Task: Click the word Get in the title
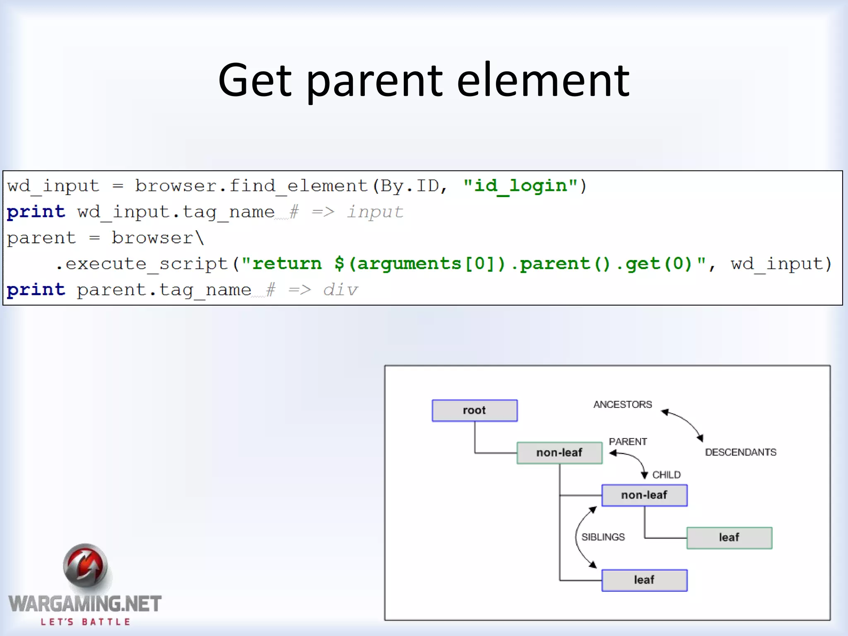pos(255,80)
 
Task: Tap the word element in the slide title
pos(543,80)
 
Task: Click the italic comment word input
pos(375,212)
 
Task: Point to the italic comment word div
pos(340,290)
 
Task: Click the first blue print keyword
pos(36,212)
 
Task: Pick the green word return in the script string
pos(287,264)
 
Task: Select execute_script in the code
pos(147,264)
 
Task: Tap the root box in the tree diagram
pos(475,410)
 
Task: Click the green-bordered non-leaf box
pos(559,453)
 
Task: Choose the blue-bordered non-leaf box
pos(644,495)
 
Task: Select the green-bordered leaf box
pos(729,537)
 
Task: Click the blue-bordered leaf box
pos(644,580)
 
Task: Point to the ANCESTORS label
pos(622,405)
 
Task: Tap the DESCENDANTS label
pos(740,452)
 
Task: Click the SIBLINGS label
pos(603,537)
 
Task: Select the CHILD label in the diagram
pos(666,475)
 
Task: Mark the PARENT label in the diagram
pos(628,442)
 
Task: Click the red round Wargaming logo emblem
pos(85,566)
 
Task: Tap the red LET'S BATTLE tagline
pos(85,622)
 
